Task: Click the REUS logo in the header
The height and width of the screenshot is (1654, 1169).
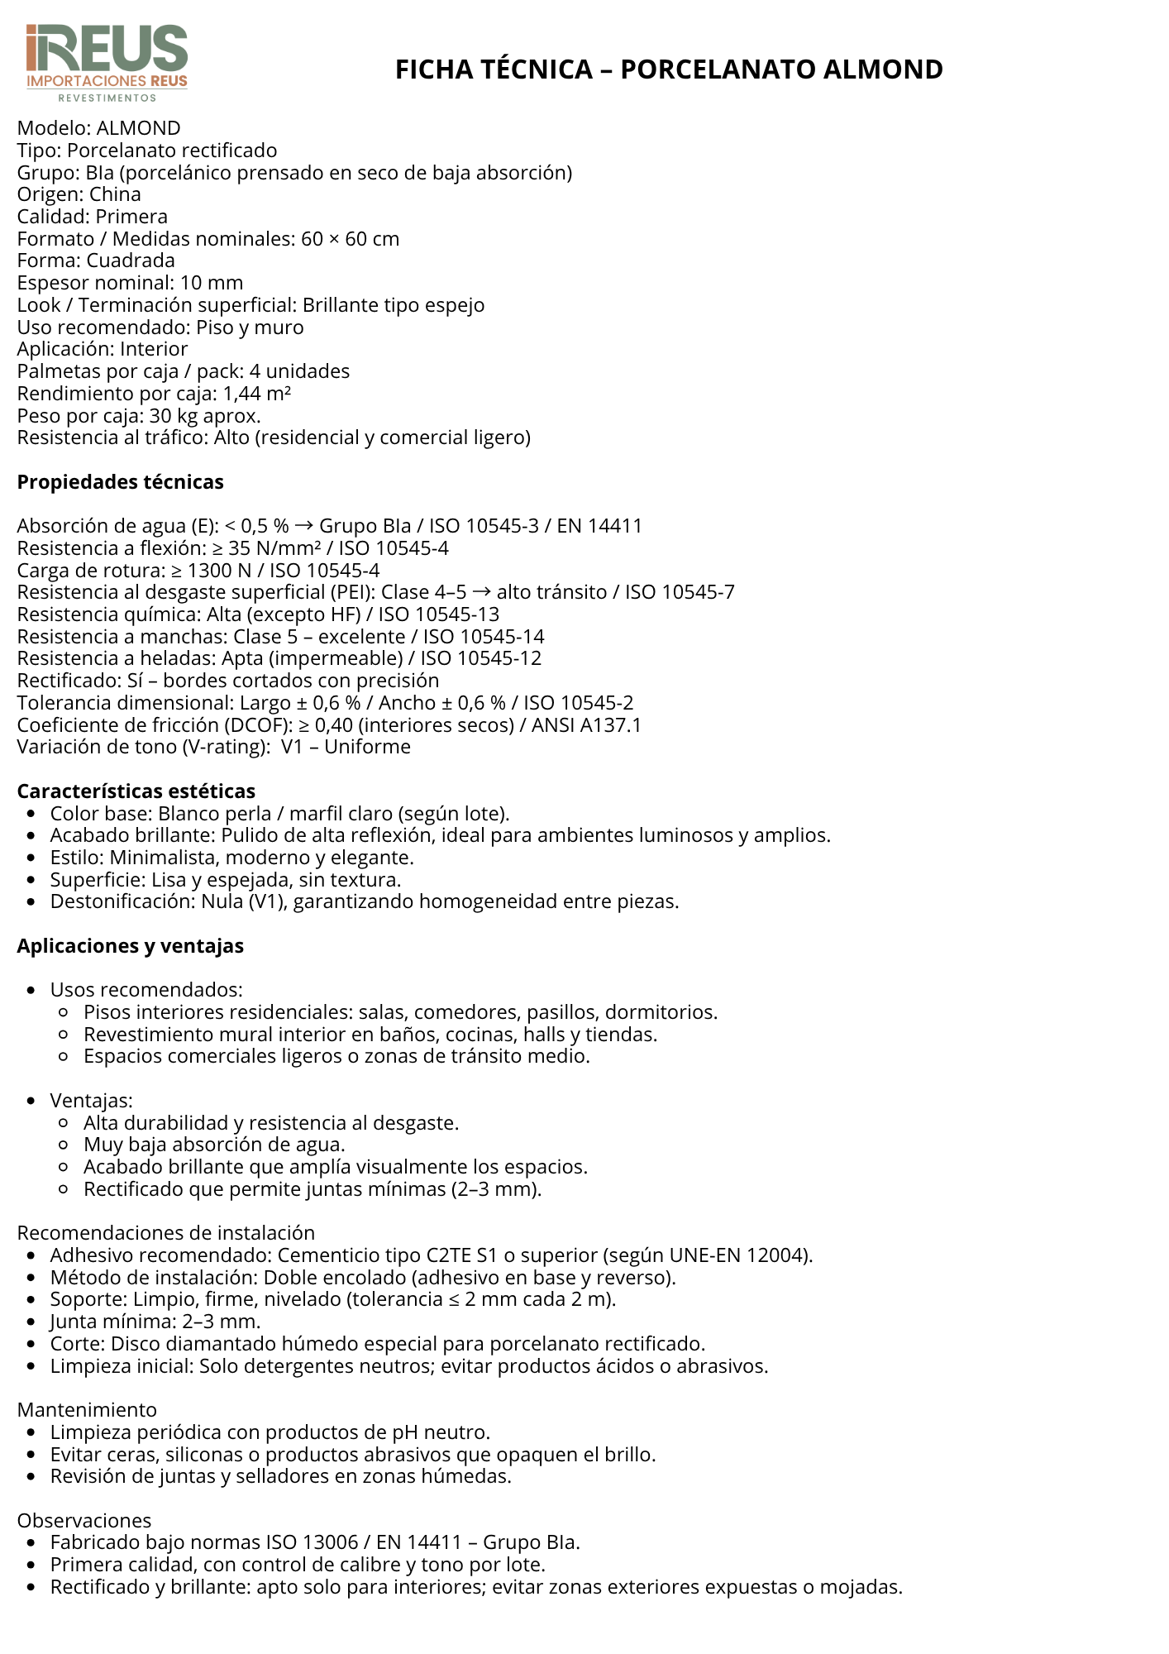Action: (x=107, y=63)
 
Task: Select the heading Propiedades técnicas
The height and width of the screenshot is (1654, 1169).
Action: (x=120, y=482)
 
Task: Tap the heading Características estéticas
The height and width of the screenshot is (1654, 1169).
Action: (x=136, y=791)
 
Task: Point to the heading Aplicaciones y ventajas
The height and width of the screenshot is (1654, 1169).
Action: (x=130, y=946)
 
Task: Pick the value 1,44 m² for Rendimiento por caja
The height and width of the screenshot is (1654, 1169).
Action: (x=256, y=394)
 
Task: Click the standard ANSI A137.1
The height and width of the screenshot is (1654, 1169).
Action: (x=586, y=725)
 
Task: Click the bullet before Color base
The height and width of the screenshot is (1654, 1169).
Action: (x=31, y=814)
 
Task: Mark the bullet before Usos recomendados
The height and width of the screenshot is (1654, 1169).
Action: (x=31, y=991)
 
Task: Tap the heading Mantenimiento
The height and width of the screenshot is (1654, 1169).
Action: (x=87, y=1410)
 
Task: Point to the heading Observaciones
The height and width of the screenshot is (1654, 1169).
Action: (x=84, y=1521)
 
